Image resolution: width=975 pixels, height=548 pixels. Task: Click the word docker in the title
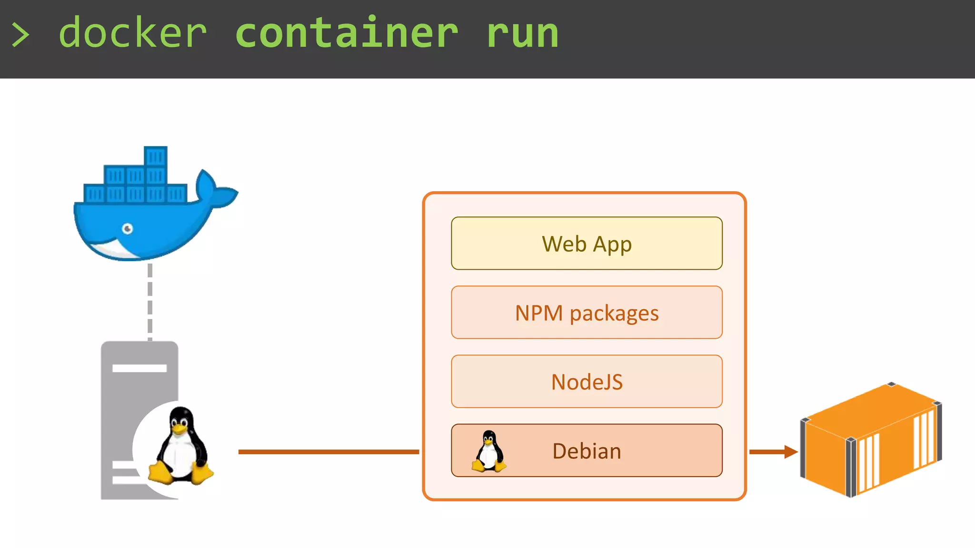pyautogui.click(x=133, y=33)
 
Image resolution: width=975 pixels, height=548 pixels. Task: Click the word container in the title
pyautogui.click(x=347, y=33)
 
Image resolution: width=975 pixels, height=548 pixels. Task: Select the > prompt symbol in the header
pyautogui.click(x=20, y=35)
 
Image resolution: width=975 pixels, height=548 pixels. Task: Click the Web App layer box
pyautogui.click(x=587, y=244)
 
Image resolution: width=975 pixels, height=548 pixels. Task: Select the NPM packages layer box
pyautogui.click(x=587, y=313)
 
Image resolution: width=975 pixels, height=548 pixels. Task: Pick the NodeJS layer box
pyautogui.click(x=587, y=382)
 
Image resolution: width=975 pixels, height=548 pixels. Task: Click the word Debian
pyautogui.click(x=587, y=451)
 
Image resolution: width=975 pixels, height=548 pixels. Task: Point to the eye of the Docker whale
pyautogui.click(x=128, y=229)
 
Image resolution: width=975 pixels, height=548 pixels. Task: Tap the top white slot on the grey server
pyautogui.click(x=139, y=368)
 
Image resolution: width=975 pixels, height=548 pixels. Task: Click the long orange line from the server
pyautogui.click(x=328, y=451)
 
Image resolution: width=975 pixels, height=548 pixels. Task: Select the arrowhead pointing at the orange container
pyautogui.click(x=791, y=451)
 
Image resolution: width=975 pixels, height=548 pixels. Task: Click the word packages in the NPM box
pyautogui.click(x=614, y=313)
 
